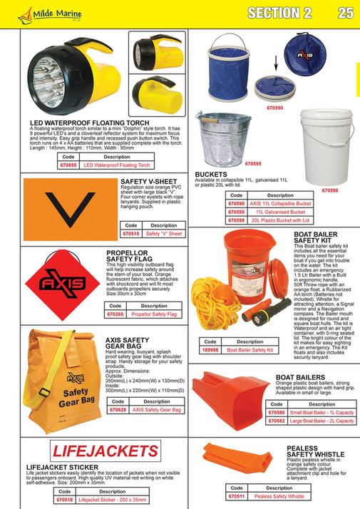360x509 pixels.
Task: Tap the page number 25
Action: [x=345, y=12]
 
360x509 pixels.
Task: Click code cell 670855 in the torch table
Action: [x=68, y=165]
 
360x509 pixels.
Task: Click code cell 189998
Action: [x=210, y=350]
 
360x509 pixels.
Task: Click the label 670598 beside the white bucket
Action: [x=331, y=190]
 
